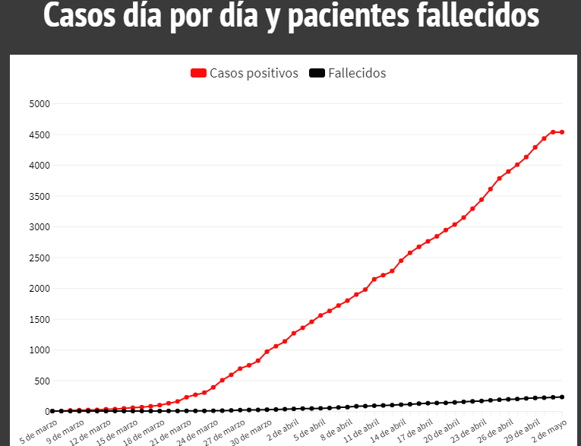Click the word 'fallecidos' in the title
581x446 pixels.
[463, 17]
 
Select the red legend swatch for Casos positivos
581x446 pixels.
[198, 73]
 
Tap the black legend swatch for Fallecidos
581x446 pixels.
[317, 73]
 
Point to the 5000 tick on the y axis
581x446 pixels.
[39, 104]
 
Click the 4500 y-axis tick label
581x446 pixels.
[39, 134]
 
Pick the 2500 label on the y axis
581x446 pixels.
[39, 258]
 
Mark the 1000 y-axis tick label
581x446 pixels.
[39, 350]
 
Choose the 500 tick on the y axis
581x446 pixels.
[41, 381]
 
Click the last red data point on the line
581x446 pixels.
[562, 132]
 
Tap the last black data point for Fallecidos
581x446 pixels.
[562, 397]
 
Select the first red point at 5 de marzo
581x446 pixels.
[52, 411]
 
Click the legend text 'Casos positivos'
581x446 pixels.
[254, 73]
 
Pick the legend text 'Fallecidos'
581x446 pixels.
[357, 73]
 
